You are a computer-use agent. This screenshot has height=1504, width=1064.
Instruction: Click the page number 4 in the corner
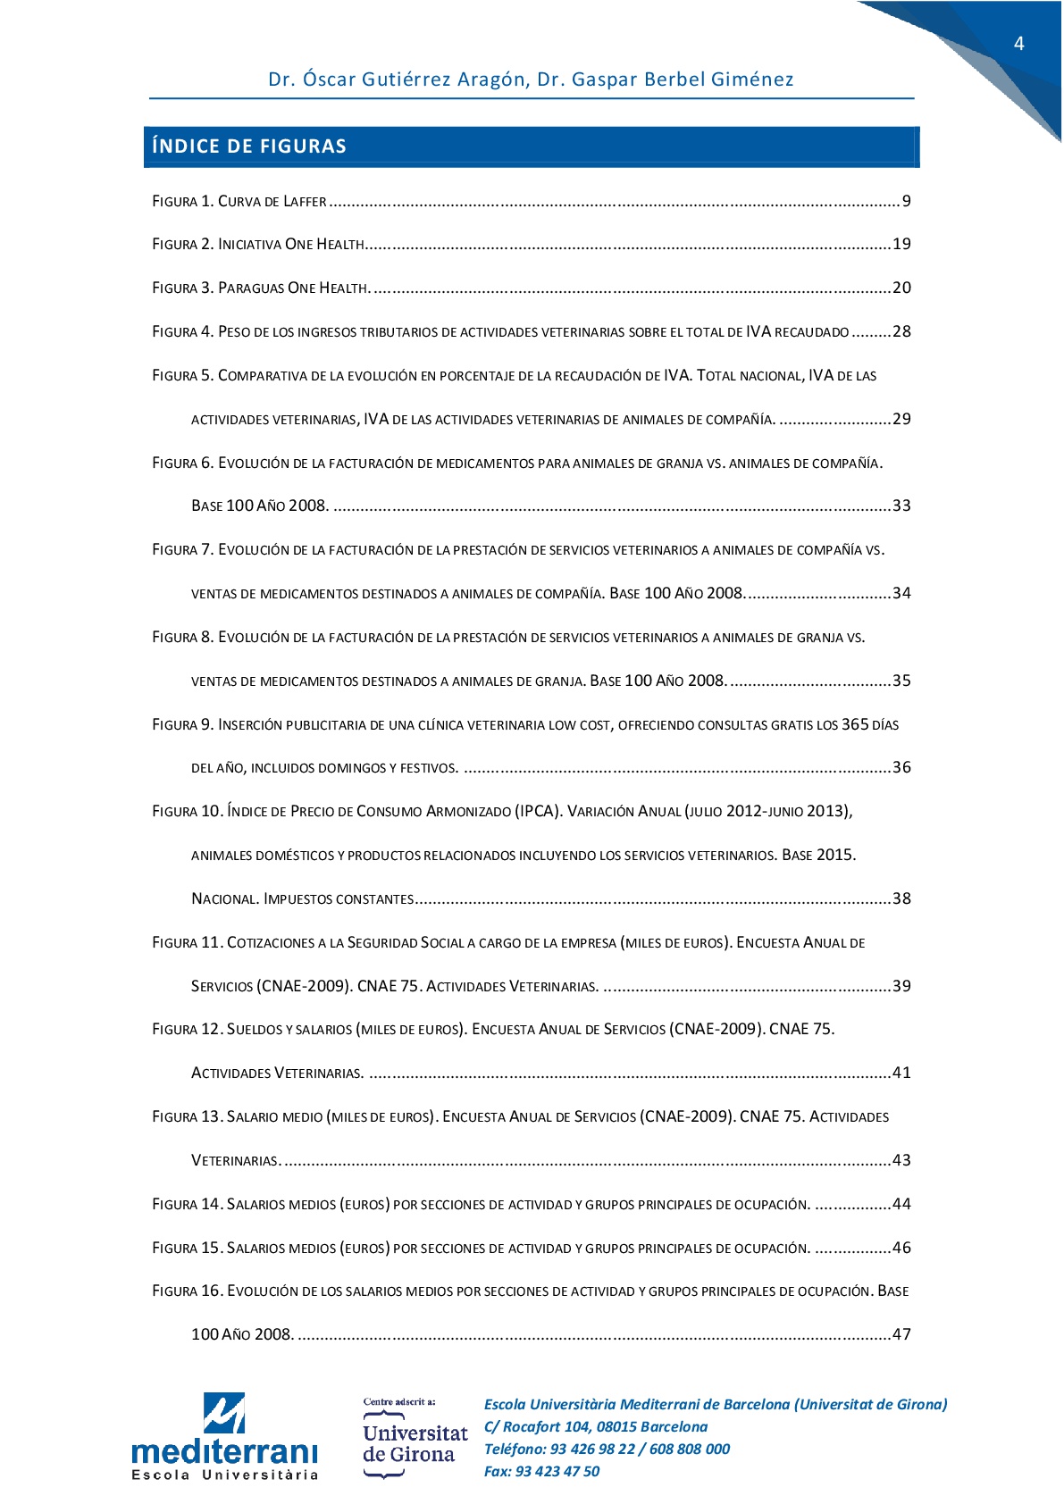1018,44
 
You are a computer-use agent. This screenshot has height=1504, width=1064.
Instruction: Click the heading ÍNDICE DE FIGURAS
249,146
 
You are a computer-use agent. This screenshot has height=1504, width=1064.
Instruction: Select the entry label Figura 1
182,202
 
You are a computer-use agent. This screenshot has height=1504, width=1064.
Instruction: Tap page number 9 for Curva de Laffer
906,201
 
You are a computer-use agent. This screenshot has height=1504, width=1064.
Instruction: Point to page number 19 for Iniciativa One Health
901,244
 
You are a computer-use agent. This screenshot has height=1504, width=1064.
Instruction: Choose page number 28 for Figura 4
901,331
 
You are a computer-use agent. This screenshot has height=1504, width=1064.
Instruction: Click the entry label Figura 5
182,375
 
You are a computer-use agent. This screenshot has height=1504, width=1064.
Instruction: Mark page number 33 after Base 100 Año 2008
901,506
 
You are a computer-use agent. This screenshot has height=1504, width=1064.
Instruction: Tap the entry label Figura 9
182,724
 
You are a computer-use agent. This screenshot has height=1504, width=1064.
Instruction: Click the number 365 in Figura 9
855,724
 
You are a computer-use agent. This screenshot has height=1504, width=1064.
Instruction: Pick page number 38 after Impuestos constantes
901,898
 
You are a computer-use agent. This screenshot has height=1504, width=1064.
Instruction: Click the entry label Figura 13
187,1116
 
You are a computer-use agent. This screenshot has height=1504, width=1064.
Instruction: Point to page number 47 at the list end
901,1334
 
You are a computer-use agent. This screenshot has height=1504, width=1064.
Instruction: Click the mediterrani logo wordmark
224,1450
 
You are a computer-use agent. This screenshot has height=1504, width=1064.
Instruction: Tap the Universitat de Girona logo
415,1443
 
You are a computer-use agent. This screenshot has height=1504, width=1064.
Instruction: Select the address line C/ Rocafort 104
596,1427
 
